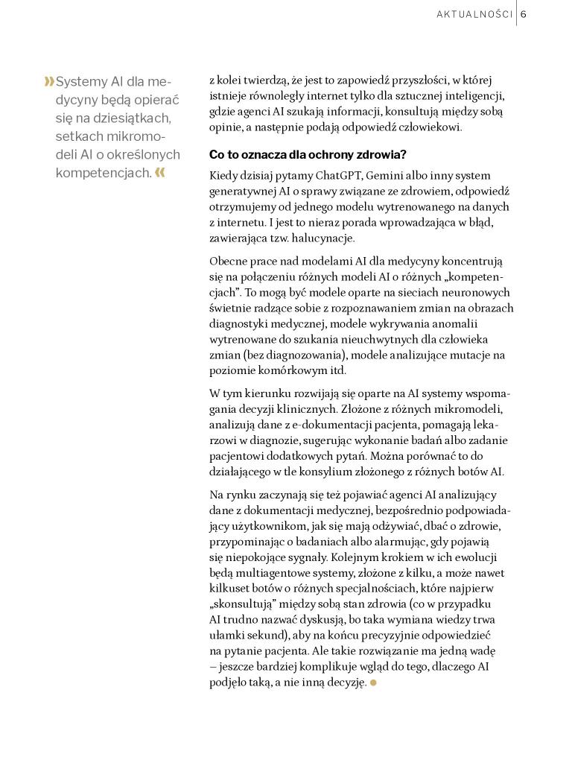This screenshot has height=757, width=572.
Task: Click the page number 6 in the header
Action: click(x=524, y=13)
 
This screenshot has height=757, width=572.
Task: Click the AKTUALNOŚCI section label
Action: click(x=474, y=13)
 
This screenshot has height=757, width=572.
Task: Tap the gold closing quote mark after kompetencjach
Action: click(x=159, y=173)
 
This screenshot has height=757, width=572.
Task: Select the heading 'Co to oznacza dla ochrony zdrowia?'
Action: click(x=308, y=155)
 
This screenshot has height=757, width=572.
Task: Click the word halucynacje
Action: click(x=324, y=238)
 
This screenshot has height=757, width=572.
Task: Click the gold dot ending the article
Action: click(x=373, y=682)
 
